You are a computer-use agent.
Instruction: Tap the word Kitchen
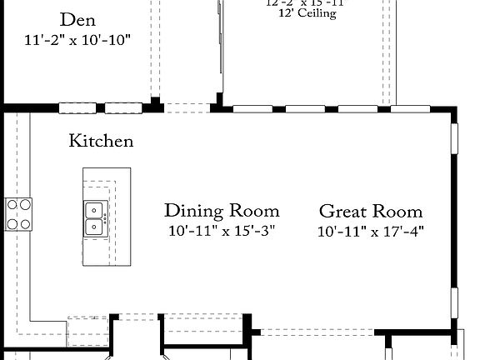(x=101, y=141)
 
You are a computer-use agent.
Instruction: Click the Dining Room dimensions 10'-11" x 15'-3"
(x=222, y=230)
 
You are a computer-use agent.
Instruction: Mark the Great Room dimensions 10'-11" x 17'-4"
(x=371, y=231)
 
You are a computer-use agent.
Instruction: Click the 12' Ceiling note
(x=301, y=14)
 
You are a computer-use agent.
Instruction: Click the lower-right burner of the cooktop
(x=25, y=223)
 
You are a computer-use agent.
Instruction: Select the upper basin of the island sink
(x=94, y=209)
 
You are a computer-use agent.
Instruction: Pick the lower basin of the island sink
(x=94, y=225)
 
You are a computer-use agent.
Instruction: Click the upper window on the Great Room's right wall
(x=455, y=138)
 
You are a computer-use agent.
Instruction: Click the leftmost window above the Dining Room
(x=252, y=108)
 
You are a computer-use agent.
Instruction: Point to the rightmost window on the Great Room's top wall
(x=411, y=108)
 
